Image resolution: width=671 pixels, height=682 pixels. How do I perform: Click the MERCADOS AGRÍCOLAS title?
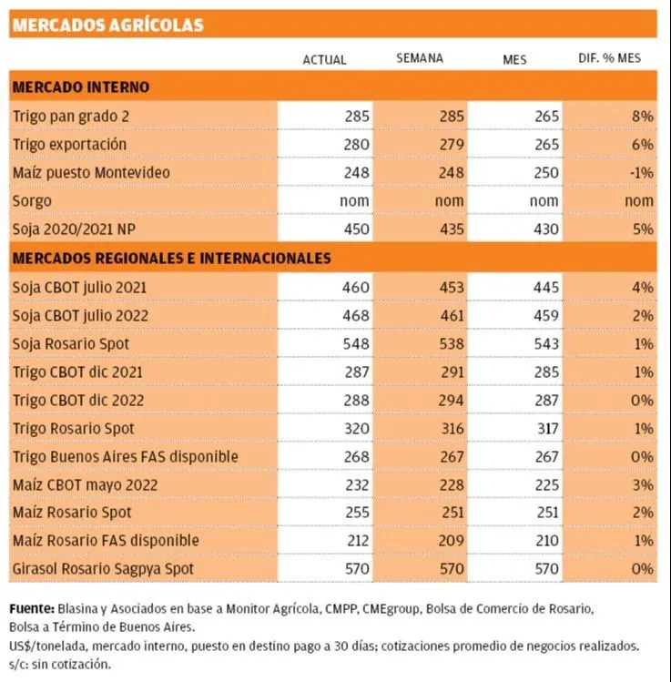pyautogui.click(x=107, y=25)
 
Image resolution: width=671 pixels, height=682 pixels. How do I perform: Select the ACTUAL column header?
pyautogui.click(x=324, y=59)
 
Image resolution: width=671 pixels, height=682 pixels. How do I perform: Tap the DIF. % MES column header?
pyautogui.click(x=609, y=58)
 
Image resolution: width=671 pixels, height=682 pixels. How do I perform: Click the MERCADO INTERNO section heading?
pyautogui.click(x=81, y=87)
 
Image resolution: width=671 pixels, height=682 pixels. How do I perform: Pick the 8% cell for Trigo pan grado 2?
pyautogui.click(x=643, y=117)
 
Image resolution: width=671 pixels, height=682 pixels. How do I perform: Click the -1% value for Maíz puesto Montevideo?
pyautogui.click(x=641, y=172)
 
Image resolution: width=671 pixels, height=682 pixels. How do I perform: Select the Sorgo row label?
pyautogui.click(x=33, y=200)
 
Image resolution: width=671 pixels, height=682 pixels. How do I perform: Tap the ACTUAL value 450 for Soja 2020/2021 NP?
pyautogui.click(x=357, y=229)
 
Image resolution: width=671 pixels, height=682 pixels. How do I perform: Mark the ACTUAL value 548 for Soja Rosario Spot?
pyautogui.click(x=357, y=344)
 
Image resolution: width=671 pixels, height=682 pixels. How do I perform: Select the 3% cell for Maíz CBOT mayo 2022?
pyautogui.click(x=643, y=484)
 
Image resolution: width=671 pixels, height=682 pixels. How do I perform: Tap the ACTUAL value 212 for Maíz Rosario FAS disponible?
pyautogui.click(x=357, y=541)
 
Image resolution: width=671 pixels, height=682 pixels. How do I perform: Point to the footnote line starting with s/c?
pyautogui.click(x=59, y=663)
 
